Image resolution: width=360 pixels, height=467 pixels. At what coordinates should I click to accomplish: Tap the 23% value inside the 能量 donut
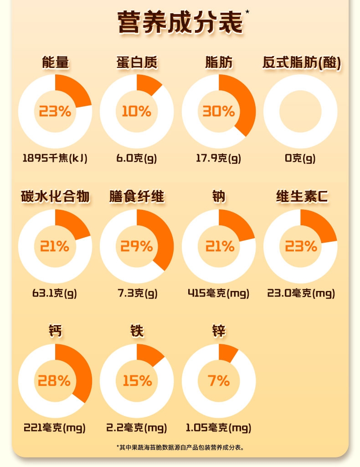pyautogui.click(x=55, y=111)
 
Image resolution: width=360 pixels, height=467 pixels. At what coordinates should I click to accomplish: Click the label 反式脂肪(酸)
pyautogui.click(x=301, y=62)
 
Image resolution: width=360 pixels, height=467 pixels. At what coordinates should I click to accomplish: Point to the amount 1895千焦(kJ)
pyautogui.click(x=55, y=158)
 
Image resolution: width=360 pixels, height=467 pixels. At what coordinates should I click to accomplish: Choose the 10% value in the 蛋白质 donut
pyautogui.click(x=136, y=111)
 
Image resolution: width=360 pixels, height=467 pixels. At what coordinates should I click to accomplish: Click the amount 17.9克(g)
pyautogui.click(x=218, y=158)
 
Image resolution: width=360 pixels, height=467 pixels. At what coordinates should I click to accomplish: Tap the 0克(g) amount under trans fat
pyautogui.click(x=300, y=158)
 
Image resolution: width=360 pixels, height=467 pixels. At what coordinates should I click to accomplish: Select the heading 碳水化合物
pyautogui.click(x=55, y=197)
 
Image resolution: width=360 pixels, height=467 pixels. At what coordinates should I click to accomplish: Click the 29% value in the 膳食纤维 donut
pyautogui.click(x=136, y=246)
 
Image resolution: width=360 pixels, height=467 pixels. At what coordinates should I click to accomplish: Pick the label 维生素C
pyautogui.click(x=301, y=197)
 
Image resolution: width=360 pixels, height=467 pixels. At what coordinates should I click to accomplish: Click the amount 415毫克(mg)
pyautogui.click(x=218, y=293)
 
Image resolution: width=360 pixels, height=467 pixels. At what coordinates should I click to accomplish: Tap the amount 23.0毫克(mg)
pyautogui.click(x=301, y=293)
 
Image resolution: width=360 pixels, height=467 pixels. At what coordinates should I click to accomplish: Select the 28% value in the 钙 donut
pyautogui.click(x=55, y=381)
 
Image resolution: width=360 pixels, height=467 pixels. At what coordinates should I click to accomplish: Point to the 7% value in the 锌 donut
pyautogui.click(x=219, y=381)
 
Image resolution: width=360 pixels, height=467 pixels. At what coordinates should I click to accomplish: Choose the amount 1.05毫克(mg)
pyautogui.click(x=218, y=428)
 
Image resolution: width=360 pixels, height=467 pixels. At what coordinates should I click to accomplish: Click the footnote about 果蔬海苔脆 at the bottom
pyautogui.click(x=180, y=447)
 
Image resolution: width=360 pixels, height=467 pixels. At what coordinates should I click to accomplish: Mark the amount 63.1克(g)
pyautogui.click(x=55, y=293)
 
